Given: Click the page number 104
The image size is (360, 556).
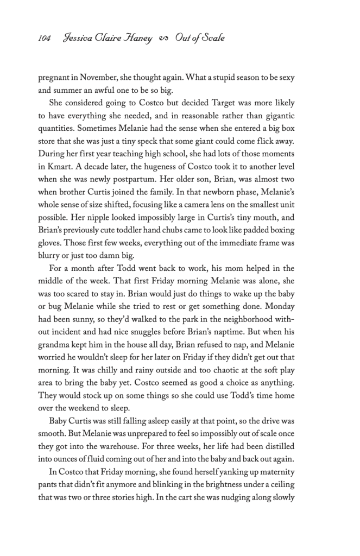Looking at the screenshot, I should click(x=45, y=38).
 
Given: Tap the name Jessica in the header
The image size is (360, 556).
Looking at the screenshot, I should click(x=80, y=38).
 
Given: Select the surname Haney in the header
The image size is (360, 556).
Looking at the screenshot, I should click(x=141, y=38).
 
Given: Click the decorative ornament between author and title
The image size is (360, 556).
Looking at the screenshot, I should click(x=163, y=39).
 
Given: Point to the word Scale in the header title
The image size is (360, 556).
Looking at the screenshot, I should click(x=211, y=38).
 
